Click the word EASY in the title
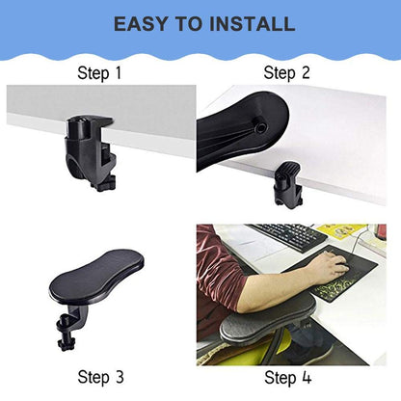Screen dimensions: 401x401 pyautogui.click(x=143, y=23)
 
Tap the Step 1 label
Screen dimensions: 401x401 pyautogui.click(x=101, y=72)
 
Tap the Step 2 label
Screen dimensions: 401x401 pyautogui.click(x=286, y=72)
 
